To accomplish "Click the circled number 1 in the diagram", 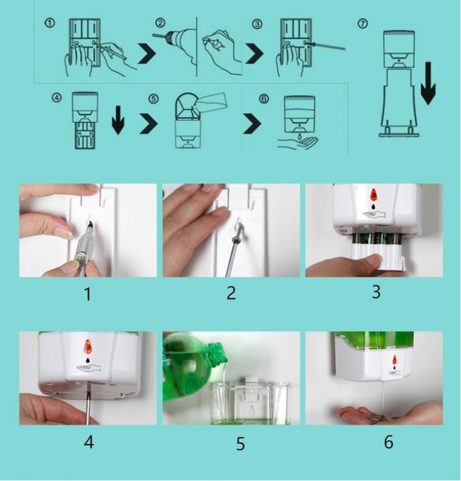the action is coord(50,23).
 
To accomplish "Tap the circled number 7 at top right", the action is coord(362,24).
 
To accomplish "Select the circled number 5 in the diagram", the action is coord(153,99).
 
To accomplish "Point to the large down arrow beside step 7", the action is coord(428,84).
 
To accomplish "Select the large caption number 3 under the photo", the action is coord(376,292).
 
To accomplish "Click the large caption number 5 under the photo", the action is coord(240,444).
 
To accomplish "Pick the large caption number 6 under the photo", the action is coord(388,442).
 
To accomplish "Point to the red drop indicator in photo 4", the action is coord(88,346).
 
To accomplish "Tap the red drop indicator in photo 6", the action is coord(395,359).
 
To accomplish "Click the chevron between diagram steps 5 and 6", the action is coord(252,124).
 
